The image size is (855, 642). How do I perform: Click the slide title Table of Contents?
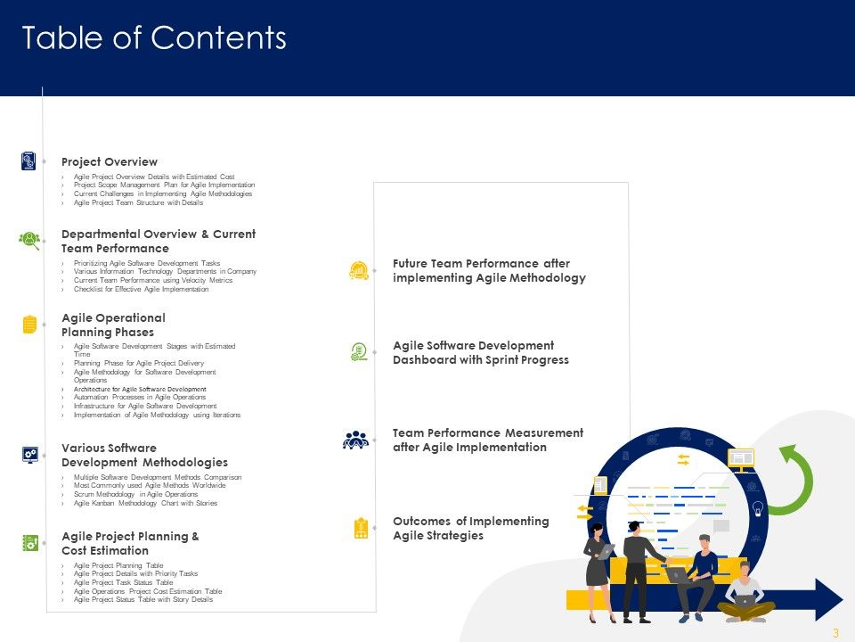coord(154,38)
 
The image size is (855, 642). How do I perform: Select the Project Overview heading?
coord(110,162)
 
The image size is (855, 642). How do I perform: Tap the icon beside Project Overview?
coord(28,161)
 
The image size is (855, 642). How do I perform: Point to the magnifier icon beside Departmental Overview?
coord(29,240)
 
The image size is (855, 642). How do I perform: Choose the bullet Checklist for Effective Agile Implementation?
coord(141,289)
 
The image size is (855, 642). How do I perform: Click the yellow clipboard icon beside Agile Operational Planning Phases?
coord(29,325)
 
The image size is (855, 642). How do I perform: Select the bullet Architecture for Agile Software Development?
coord(140,389)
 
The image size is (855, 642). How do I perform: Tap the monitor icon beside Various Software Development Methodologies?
coord(29,455)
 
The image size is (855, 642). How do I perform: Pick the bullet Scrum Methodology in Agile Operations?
coord(135,494)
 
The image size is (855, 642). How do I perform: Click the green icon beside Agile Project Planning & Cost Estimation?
coord(29,543)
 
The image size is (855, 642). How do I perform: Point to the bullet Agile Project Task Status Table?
coord(123,582)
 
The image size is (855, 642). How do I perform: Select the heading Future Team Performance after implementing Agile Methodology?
coord(489,271)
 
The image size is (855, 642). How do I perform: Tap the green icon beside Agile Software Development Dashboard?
coord(359,352)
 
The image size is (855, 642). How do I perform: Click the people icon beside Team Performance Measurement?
coord(355,440)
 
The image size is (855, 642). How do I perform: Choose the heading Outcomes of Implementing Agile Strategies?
coord(471,528)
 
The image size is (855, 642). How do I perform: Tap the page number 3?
coord(835,633)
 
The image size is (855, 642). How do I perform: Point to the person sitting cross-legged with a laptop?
coord(745,593)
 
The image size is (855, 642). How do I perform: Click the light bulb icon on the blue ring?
coord(758,509)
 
